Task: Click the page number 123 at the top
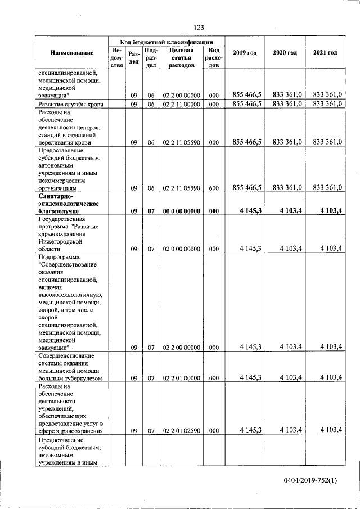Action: tap(198, 28)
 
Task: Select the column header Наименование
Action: tap(71, 53)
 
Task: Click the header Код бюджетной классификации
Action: tap(166, 42)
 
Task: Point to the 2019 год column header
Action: tap(245, 53)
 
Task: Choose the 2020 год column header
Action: tap(285, 53)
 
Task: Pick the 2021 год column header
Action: tap(325, 53)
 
